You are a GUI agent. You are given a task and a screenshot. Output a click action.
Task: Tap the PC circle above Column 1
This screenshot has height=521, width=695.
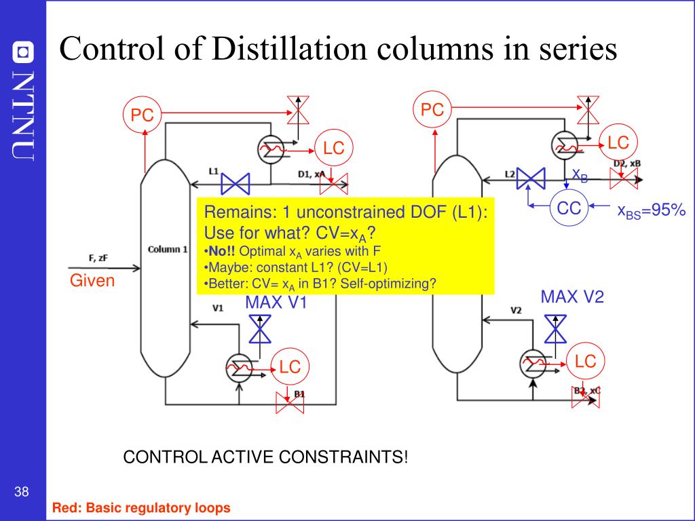tap(142, 115)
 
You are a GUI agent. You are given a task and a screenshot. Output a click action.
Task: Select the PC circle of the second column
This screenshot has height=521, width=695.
tap(432, 110)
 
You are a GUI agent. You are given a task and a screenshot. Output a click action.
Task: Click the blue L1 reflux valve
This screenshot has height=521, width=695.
tap(236, 183)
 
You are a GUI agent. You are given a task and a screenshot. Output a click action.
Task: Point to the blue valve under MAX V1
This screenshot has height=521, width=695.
tap(259, 330)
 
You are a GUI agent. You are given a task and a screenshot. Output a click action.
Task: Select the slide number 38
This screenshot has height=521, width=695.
tap(21, 492)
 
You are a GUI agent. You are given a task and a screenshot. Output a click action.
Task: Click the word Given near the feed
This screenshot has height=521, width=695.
tap(92, 281)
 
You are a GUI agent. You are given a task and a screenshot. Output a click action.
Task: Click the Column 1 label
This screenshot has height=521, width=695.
tap(168, 249)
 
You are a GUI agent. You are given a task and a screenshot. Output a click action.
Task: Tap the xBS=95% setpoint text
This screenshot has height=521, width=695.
tap(651, 212)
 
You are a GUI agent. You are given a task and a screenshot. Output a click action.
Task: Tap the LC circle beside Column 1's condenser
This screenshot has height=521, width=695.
tap(333, 147)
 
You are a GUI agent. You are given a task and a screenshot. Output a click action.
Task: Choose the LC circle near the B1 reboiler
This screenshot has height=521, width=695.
tap(290, 366)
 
